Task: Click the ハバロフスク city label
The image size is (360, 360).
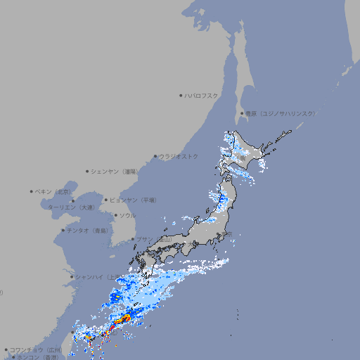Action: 202,95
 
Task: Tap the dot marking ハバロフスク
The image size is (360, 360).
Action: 181,95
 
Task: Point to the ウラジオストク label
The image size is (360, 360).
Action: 179,156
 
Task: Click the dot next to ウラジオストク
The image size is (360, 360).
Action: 155,156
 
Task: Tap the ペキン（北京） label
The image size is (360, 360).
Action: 53,191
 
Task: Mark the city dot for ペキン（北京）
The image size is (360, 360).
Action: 32,191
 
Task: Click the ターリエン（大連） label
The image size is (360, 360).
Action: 71,207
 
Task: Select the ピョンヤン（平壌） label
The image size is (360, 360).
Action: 134,200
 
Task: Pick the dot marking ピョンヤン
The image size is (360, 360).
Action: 107,200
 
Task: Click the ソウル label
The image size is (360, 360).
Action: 127,215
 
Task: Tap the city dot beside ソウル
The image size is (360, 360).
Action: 115,215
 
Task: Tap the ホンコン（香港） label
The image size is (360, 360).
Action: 38,357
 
